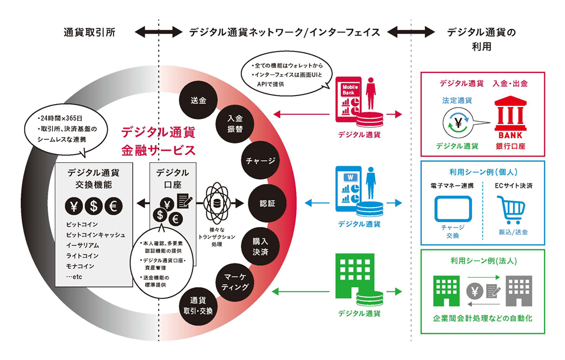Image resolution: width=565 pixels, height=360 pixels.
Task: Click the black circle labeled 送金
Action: pos(198,100)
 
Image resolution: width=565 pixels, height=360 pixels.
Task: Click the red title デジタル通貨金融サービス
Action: pos(157,139)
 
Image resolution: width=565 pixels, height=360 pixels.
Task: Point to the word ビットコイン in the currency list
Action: pos(82,225)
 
